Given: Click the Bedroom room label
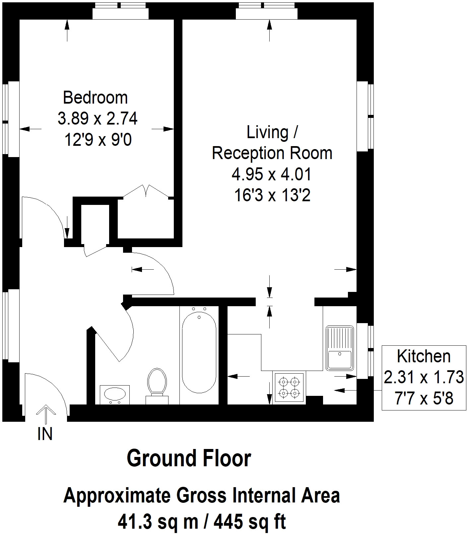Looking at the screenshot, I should click(x=95, y=98).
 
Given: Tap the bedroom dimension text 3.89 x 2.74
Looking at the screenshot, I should click(x=98, y=119).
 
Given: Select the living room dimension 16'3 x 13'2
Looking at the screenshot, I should click(x=272, y=195).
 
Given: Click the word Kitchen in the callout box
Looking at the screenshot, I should click(x=424, y=356).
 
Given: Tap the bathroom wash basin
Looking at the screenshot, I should click(x=115, y=395).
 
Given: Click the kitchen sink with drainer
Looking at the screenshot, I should click(x=340, y=348).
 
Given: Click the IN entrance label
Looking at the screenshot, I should click(x=45, y=434).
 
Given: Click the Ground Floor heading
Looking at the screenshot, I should click(x=189, y=459).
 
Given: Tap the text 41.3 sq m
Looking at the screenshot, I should click(x=158, y=522).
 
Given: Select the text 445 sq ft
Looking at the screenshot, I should click(x=249, y=522).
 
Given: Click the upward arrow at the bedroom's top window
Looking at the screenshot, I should click(x=67, y=30).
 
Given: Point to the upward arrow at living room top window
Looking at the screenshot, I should click(x=269, y=30).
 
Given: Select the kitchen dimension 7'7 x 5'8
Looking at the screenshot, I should click(x=424, y=398).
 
